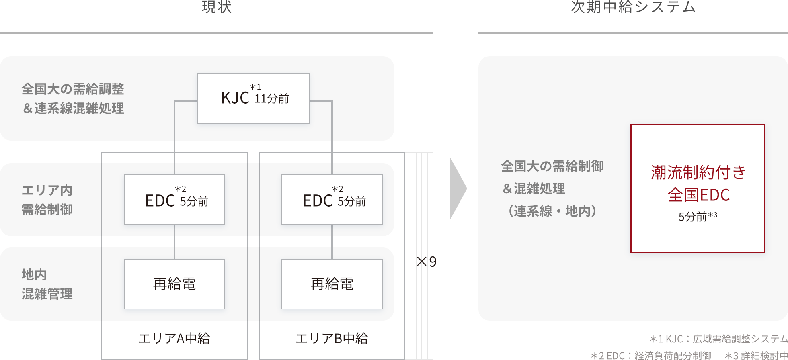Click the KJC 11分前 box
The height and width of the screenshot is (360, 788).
click(253, 98)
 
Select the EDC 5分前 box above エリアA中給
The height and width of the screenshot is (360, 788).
click(174, 200)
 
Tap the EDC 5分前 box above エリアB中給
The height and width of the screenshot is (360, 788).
click(332, 200)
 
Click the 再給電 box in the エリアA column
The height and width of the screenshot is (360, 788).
click(174, 284)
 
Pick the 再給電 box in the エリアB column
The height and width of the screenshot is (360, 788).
click(332, 284)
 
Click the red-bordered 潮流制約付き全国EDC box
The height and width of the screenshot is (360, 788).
click(698, 188)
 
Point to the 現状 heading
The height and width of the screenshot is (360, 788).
click(217, 7)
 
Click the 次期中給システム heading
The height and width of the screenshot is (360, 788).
click(633, 7)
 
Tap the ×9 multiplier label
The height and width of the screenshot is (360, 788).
click(427, 262)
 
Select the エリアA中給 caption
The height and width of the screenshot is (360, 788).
click(174, 338)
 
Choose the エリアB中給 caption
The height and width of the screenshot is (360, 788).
click(332, 338)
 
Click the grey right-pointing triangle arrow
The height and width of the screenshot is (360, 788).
click(458, 188)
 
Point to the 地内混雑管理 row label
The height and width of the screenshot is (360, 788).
click(47, 284)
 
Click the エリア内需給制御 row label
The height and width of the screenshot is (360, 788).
click(47, 200)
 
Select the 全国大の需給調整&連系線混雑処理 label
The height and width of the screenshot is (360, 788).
click(73, 98)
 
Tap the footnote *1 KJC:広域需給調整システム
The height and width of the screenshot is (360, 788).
click(718, 339)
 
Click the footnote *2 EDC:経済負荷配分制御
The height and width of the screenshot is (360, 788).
click(651, 355)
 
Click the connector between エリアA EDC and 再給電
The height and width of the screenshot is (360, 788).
click(174, 242)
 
